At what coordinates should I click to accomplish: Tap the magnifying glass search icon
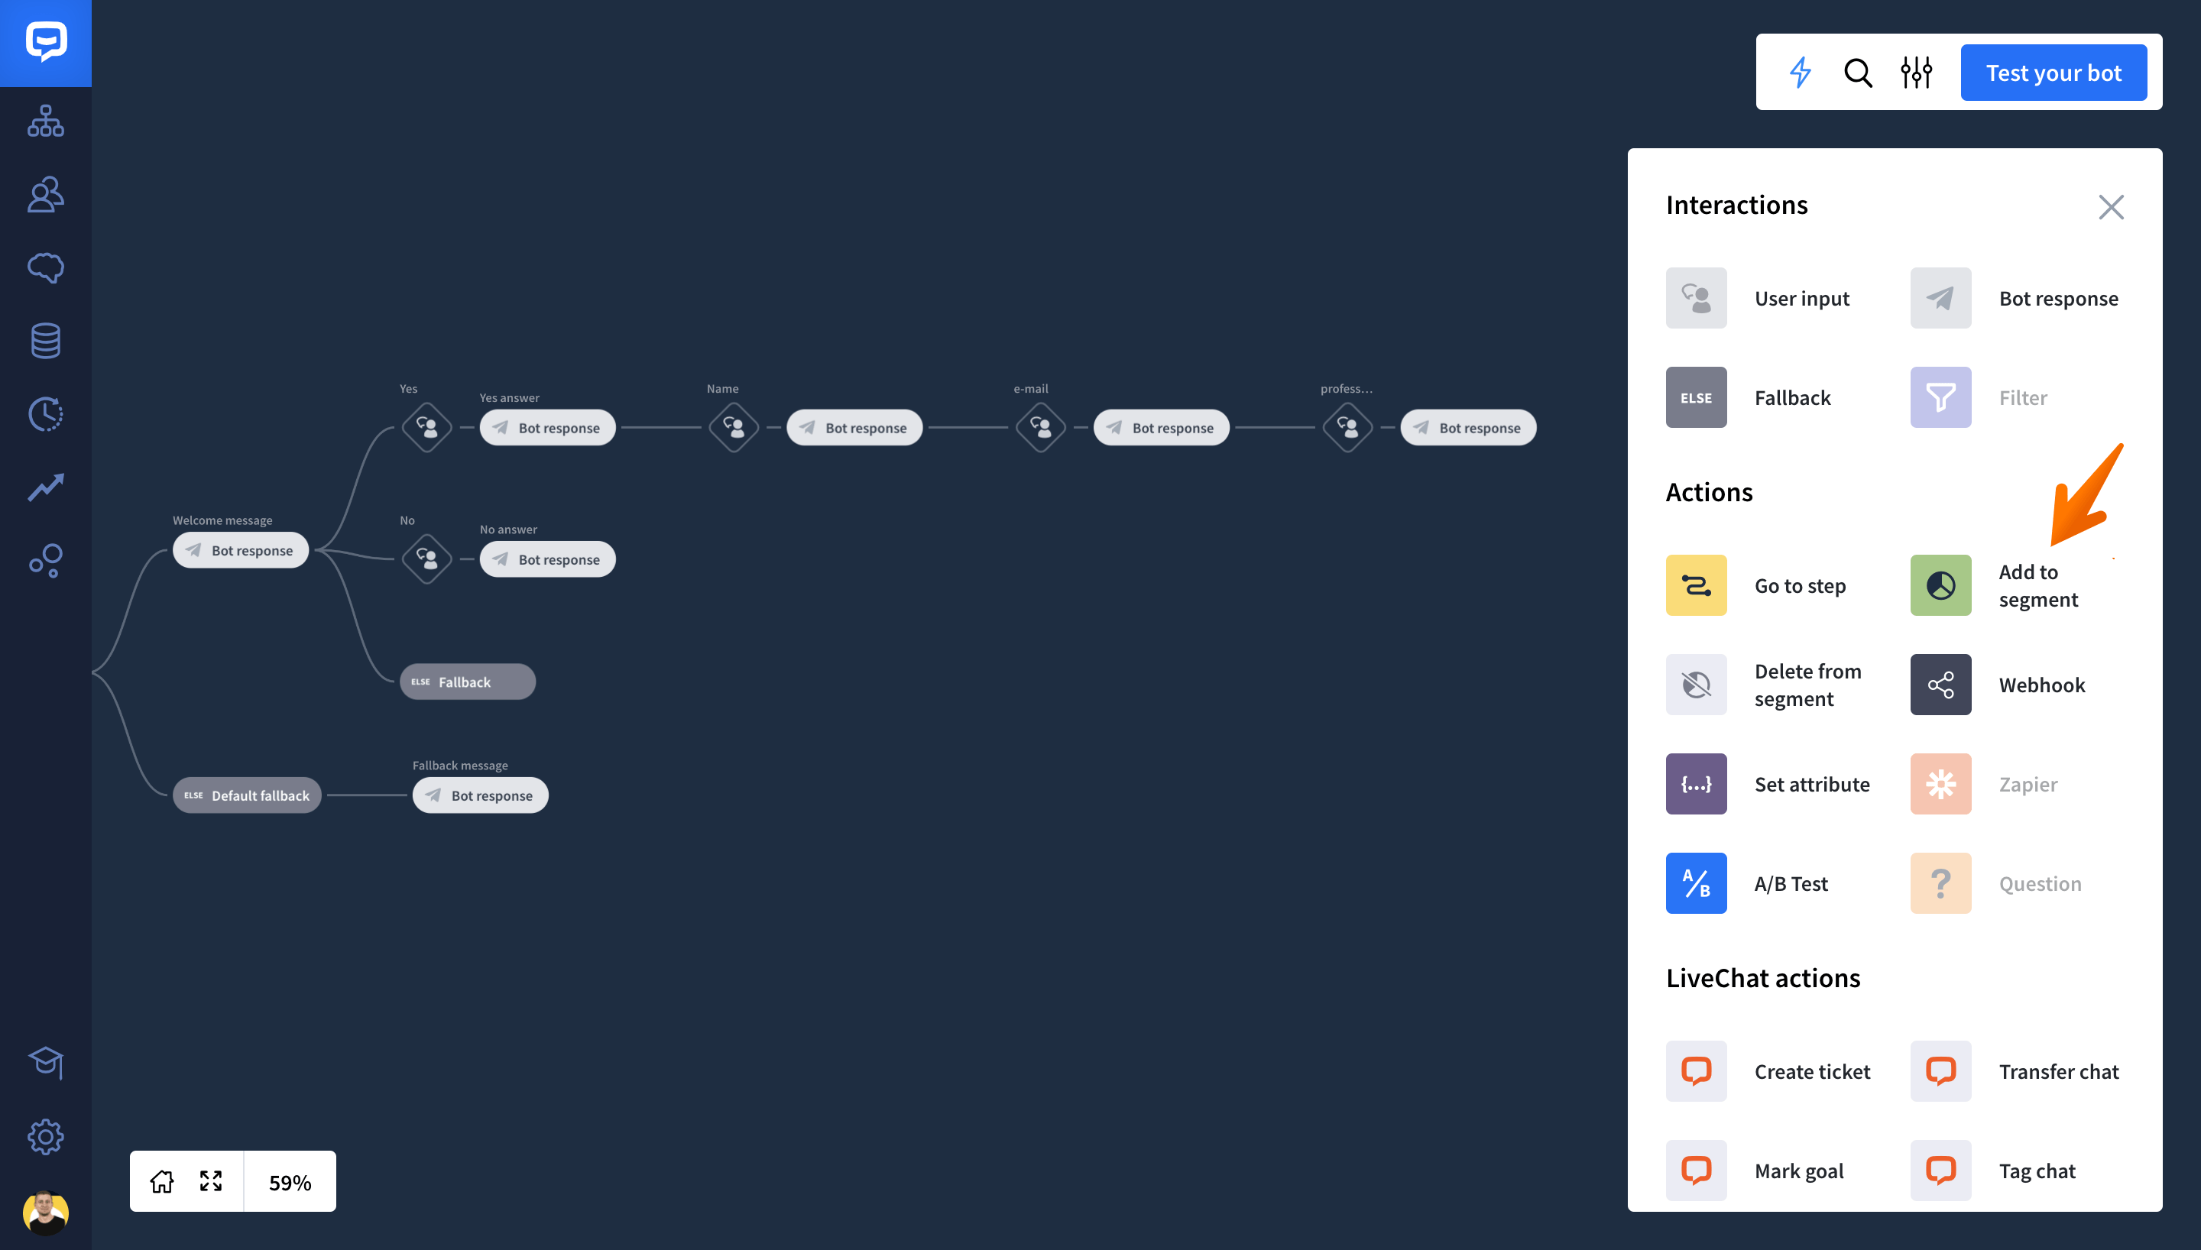click(1858, 72)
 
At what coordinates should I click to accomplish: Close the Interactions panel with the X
click(2111, 207)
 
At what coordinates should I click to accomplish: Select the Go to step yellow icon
click(1695, 585)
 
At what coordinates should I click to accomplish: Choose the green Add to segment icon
click(1940, 585)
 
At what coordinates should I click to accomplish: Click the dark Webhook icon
click(1940, 685)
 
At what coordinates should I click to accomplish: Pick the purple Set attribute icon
click(1695, 784)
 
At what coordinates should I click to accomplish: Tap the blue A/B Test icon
click(1695, 883)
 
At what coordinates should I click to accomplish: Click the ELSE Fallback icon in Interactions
click(1695, 397)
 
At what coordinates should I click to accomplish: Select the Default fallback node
click(247, 795)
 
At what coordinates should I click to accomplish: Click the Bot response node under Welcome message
click(241, 550)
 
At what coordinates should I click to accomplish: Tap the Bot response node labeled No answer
click(547, 559)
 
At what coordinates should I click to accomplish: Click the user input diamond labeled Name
click(733, 426)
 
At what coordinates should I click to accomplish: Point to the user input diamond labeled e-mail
click(1040, 426)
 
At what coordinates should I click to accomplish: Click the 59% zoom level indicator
click(290, 1182)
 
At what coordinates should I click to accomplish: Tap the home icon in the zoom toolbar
click(161, 1182)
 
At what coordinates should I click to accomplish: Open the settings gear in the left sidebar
click(46, 1137)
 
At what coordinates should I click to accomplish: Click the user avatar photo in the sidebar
click(46, 1213)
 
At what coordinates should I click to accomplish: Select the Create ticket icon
click(1695, 1071)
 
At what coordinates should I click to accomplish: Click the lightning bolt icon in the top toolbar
click(1800, 72)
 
